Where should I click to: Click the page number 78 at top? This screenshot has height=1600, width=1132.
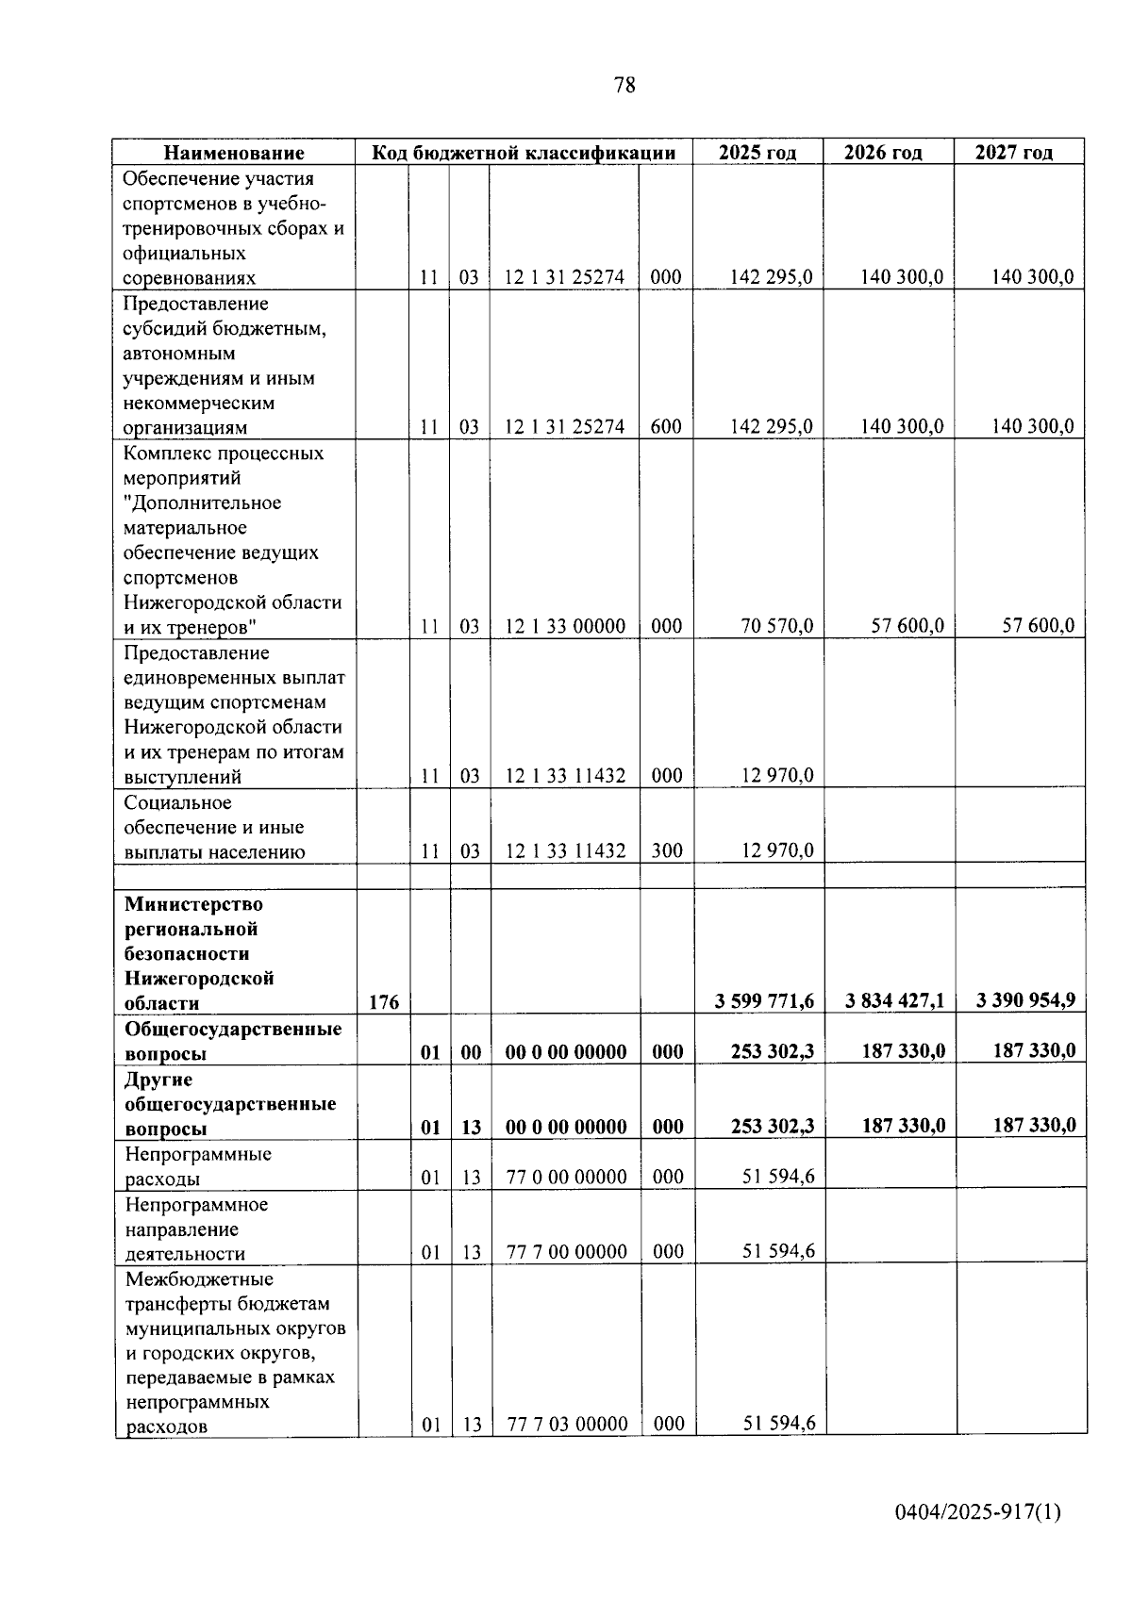(x=624, y=86)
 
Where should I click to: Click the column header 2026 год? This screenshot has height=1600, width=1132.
(x=882, y=153)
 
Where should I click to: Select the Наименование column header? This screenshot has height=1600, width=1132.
(x=235, y=153)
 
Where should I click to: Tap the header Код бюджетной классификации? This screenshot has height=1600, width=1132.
(x=524, y=153)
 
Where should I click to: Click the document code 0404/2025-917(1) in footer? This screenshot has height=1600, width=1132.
(x=977, y=1511)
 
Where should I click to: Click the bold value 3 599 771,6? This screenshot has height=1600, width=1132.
(x=764, y=1001)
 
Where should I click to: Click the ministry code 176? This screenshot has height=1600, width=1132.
(x=383, y=1002)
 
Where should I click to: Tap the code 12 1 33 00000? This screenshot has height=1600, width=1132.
(x=565, y=626)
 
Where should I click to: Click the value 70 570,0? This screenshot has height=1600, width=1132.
(x=776, y=626)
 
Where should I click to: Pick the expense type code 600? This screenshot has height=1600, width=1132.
(x=666, y=426)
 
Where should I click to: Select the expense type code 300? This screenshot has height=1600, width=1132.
(x=667, y=850)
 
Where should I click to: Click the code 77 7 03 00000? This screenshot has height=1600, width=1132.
(x=567, y=1424)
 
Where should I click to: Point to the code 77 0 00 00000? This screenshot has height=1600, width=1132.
(x=566, y=1177)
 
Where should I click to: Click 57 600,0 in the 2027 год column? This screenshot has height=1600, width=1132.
(x=1037, y=626)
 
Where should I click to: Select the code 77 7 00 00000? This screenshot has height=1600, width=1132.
(x=566, y=1252)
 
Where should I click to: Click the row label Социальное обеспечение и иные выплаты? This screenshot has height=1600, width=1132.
(x=214, y=827)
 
